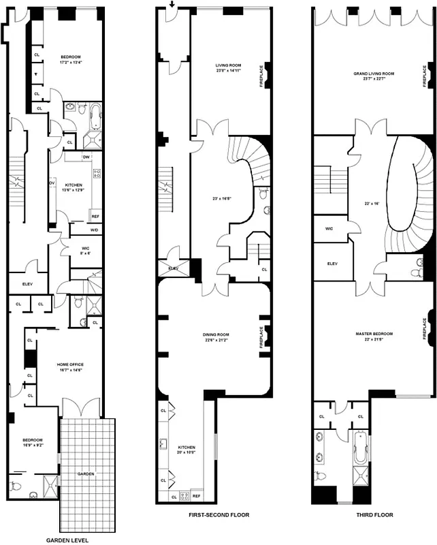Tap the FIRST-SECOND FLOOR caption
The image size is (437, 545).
coord(218,515)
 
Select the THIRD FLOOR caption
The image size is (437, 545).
coord(374,515)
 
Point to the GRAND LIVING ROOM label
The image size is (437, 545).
coord(374,73)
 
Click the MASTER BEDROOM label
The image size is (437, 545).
coord(374,333)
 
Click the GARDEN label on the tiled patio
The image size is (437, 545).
coord(86,473)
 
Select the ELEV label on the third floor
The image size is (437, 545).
coord(333,263)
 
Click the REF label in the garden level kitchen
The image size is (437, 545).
coord(95,217)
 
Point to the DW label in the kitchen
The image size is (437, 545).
coord(86,157)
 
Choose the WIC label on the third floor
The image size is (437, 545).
coord(329,228)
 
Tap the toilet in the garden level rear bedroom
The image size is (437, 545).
coord(18,486)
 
